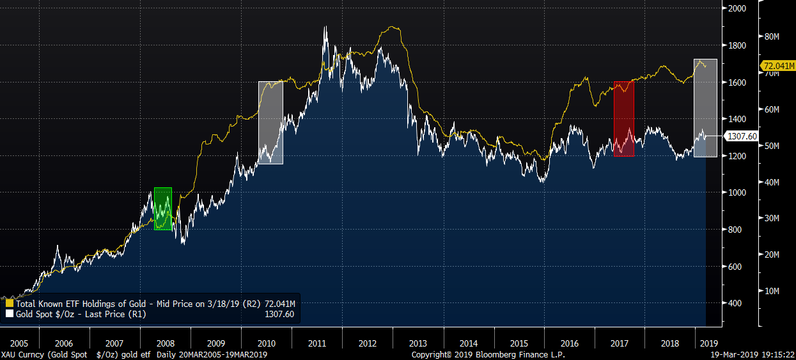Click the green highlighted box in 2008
(x=163, y=208)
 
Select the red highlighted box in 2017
(x=623, y=119)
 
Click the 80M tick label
(x=772, y=36)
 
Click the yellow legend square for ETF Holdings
(x=9, y=303)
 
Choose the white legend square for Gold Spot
(x=9, y=314)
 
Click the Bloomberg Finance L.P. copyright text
(x=488, y=354)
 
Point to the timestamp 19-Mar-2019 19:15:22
(x=752, y=354)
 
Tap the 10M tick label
(x=772, y=291)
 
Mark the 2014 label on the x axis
(x=469, y=343)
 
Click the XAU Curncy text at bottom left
(x=22, y=354)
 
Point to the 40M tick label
(x=772, y=182)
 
